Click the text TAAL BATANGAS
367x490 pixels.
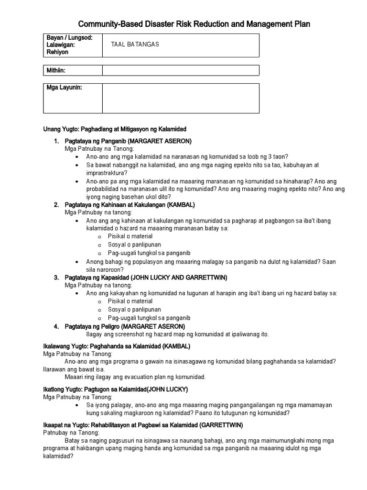(x=135, y=45)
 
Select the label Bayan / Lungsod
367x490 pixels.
(x=69, y=37)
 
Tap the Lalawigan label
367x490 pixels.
(x=61, y=45)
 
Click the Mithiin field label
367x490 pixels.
(x=56, y=70)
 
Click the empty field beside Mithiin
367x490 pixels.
(x=181, y=70)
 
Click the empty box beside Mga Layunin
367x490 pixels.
(x=181, y=99)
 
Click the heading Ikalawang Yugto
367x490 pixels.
(x=117, y=346)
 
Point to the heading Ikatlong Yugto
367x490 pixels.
(x=115, y=389)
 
